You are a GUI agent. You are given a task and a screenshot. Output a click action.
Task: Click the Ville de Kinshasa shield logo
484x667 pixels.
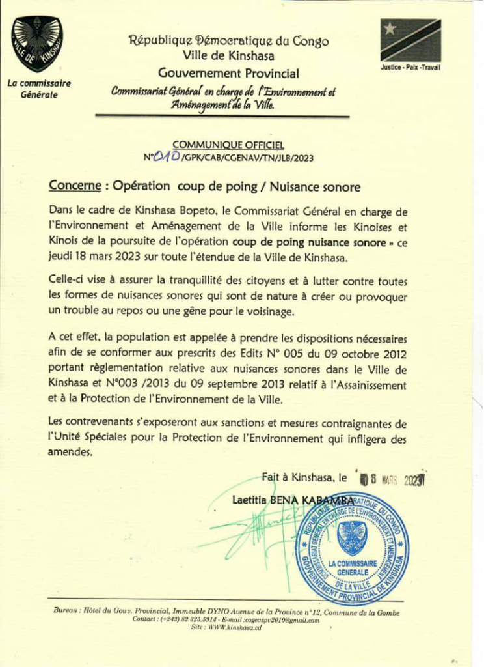pyautogui.click(x=37, y=44)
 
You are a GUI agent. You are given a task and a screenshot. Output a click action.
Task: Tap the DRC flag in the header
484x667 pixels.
pyautogui.click(x=410, y=40)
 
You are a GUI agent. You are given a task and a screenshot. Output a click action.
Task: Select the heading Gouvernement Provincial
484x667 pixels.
pyautogui.click(x=228, y=73)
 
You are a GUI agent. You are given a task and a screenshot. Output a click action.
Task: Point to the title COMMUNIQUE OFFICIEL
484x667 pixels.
pyautogui.click(x=228, y=145)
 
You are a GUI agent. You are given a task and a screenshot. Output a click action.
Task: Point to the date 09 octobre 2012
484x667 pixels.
pyautogui.click(x=364, y=354)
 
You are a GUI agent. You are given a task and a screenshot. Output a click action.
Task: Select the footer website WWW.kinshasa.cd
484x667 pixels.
pyautogui.click(x=227, y=629)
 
